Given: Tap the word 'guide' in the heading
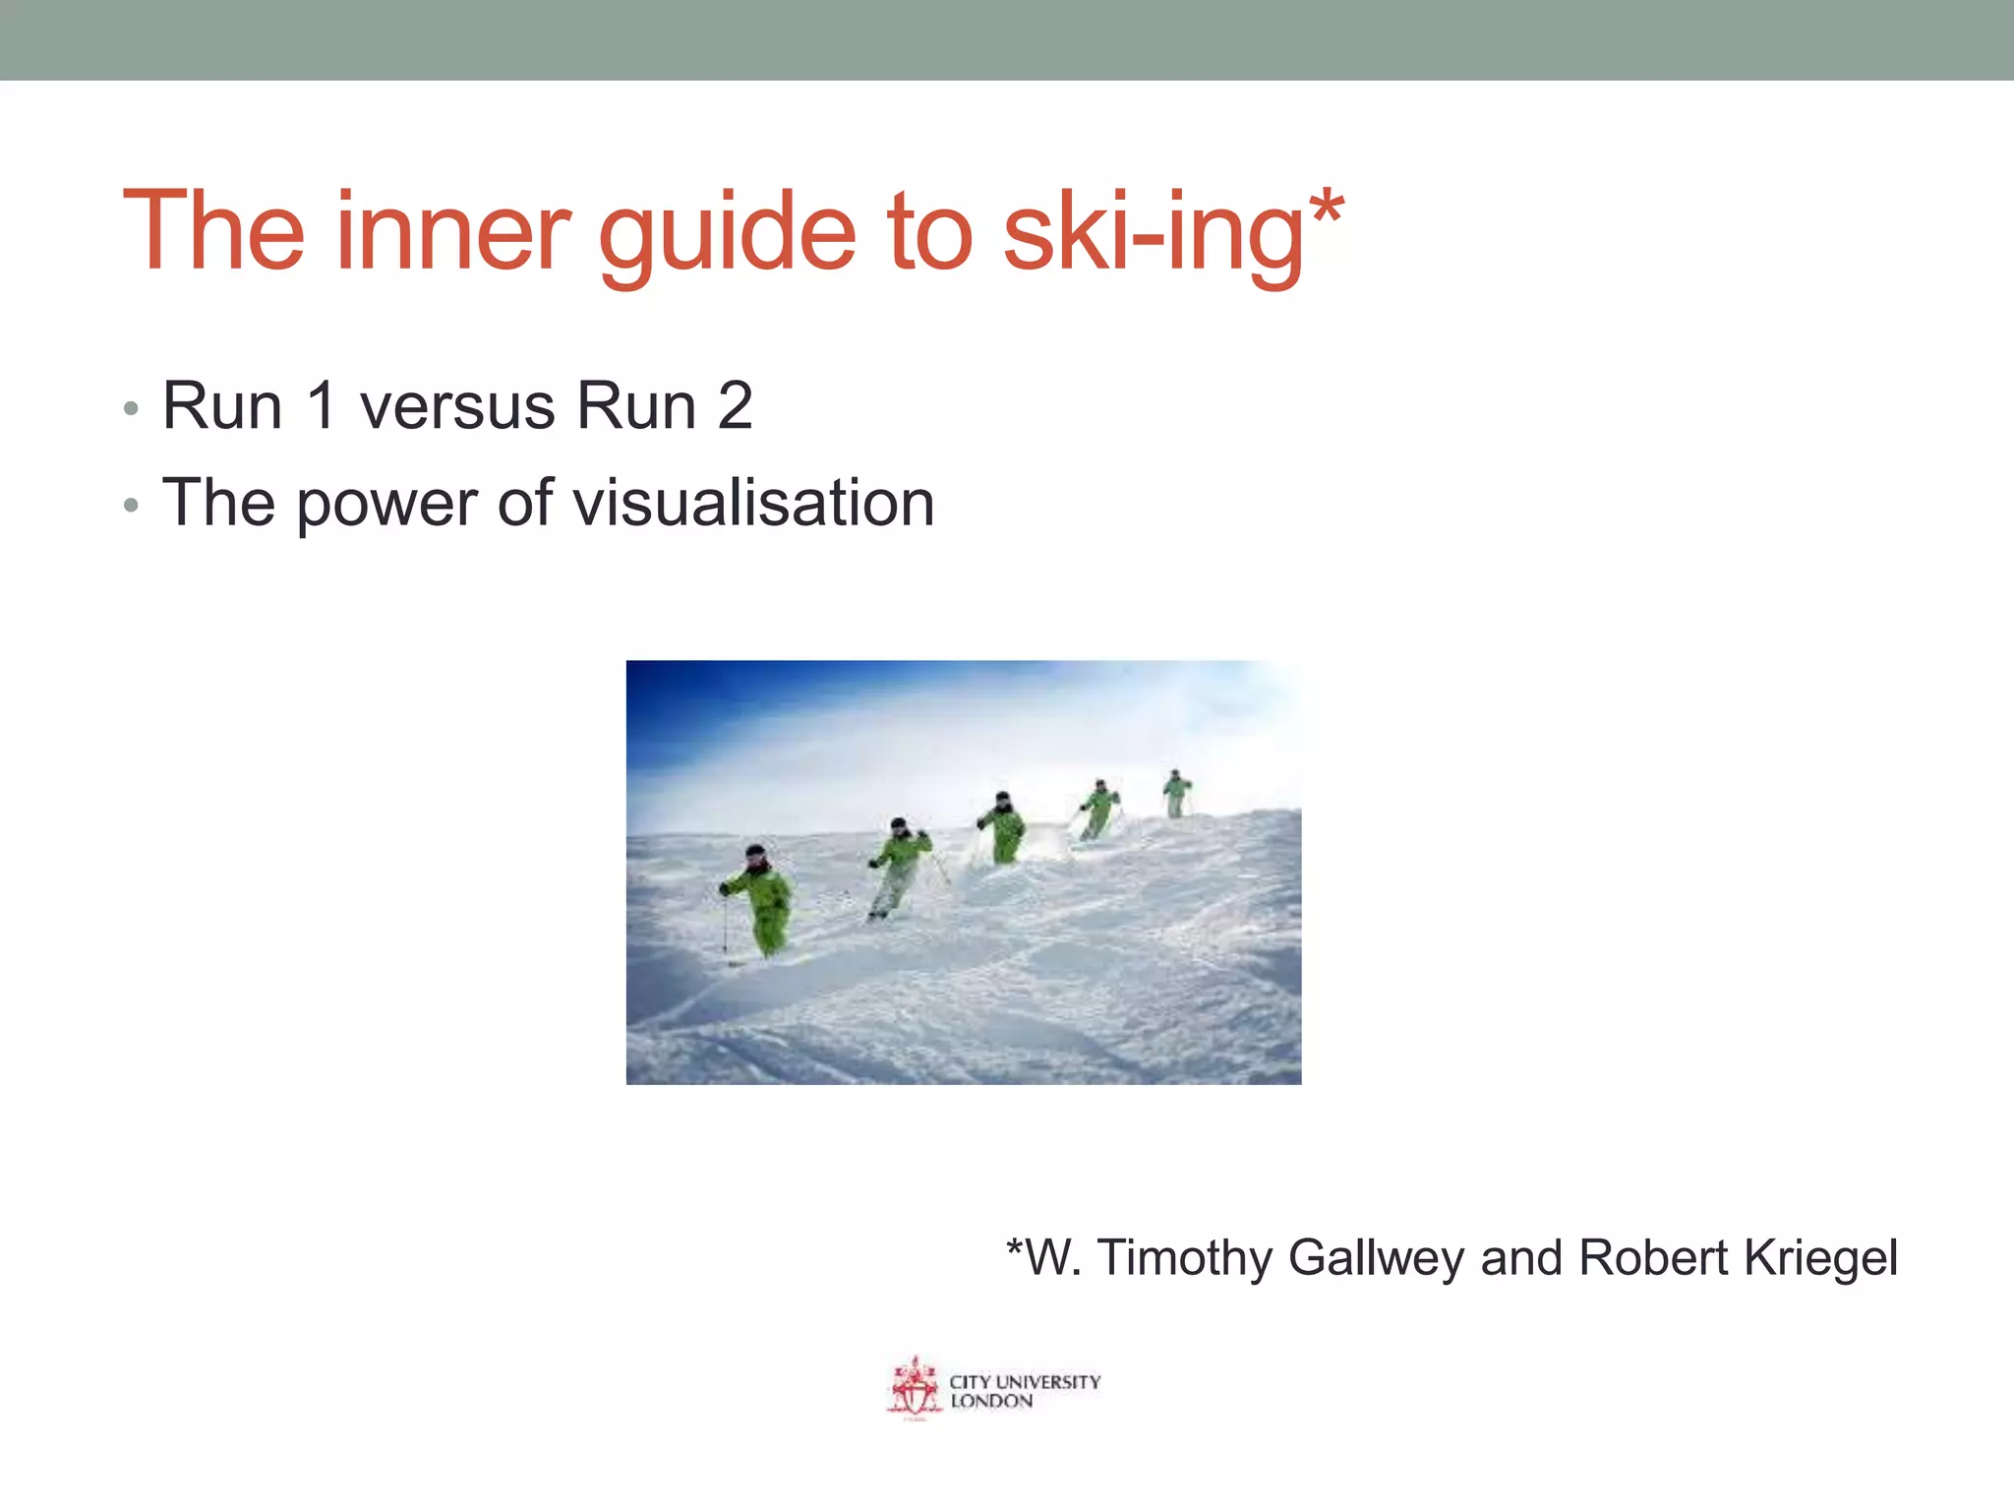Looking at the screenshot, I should (728, 236).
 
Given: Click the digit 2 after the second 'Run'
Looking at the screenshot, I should (736, 405).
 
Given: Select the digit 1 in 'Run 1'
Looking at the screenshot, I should (320, 405).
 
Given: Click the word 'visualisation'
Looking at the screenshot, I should (753, 503).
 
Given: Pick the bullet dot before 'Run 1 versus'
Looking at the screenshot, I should (132, 409).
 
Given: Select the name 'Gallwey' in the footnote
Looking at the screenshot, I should (1377, 1258).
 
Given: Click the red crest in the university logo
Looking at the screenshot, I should (915, 1388).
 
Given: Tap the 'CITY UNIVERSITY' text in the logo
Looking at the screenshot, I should (1025, 1381).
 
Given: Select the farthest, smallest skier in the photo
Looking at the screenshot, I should (1175, 793).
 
